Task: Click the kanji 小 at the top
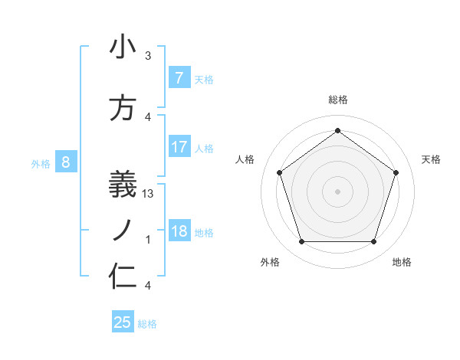pos(123,47)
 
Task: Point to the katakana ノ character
pos(123,228)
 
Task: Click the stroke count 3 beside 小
pos(148,56)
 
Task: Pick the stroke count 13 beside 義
pos(149,193)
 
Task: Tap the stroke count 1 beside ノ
pos(148,240)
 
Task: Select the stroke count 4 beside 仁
pos(148,286)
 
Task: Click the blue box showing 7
pos(179,78)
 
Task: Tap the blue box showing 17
pos(179,147)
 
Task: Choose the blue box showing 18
pos(179,231)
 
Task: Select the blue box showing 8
pos(66,162)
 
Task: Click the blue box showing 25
pos(123,322)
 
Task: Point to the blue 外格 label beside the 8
pos(40,162)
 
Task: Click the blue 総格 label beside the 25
pos(147,324)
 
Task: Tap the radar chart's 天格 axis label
pos(431,159)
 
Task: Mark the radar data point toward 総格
pos(337,131)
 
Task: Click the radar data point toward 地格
pos(373,242)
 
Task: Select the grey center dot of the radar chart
pos(337,191)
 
